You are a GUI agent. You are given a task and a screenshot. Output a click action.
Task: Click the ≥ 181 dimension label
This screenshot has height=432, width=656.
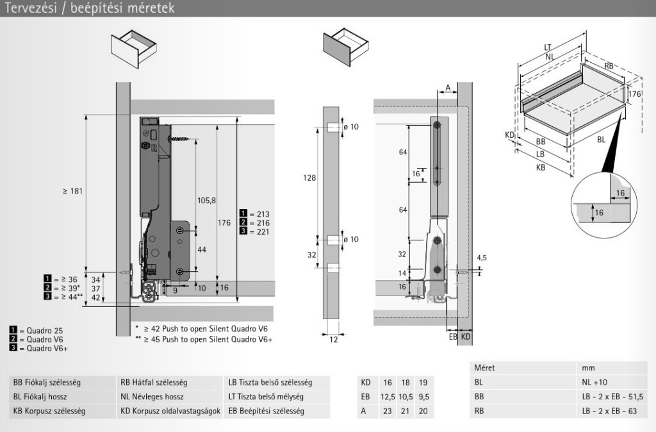(72, 191)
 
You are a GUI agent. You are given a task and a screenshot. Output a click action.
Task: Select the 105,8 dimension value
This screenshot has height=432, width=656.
(206, 201)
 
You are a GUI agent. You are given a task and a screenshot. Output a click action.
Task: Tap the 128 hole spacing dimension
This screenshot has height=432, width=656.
(309, 179)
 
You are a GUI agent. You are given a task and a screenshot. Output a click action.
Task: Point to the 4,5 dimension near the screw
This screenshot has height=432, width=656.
(482, 258)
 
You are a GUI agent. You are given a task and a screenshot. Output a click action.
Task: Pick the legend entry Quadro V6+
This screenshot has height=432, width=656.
(39, 348)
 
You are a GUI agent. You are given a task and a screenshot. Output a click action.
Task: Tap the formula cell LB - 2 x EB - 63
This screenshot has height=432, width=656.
(609, 411)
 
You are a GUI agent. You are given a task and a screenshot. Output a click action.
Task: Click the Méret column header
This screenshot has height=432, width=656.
(485, 369)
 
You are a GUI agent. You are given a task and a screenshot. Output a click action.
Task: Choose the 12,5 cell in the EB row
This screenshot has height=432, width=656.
(388, 397)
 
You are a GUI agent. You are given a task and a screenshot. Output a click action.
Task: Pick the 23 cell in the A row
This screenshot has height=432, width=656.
(388, 411)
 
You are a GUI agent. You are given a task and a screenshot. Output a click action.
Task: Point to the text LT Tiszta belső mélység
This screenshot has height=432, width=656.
(269, 397)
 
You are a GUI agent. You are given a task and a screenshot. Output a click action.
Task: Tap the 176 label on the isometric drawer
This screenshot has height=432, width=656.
(634, 94)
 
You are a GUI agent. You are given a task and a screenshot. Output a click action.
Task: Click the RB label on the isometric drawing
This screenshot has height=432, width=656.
(609, 66)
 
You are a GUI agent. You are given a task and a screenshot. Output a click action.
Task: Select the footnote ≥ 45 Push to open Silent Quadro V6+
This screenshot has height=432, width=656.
(204, 339)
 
